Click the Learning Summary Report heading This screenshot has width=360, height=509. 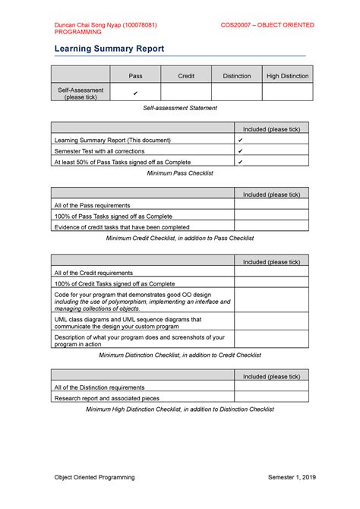[x=109, y=49]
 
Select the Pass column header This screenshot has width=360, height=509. [x=135, y=76]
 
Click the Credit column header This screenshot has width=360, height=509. [x=186, y=76]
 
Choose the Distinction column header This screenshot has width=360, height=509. [x=236, y=76]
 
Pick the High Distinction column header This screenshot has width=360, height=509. [x=287, y=76]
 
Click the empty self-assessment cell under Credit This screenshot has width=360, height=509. [x=186, y=93]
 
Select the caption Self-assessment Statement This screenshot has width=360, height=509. [x=180, y=109]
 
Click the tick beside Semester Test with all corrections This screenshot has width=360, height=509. [x=240, y=151]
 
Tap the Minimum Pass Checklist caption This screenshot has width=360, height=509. [x=180, y=173]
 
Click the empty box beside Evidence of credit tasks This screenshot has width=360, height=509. [x=271, y=226]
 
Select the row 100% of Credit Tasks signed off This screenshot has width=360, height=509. [x=114, y=283]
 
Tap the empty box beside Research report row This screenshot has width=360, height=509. [x=271, y=397]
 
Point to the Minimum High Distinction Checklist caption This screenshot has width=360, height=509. [x=180, y=409]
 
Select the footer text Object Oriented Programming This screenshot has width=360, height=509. [x=94, y=477]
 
